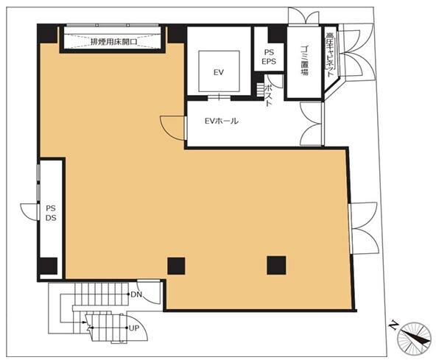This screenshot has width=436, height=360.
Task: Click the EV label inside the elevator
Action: coord(219,72)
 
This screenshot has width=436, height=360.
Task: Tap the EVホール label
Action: coord(222,121)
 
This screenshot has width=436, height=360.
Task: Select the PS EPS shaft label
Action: coord(269,57)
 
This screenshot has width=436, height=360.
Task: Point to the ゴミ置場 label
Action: coord(304,60)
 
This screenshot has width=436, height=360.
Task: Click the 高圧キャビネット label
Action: coord(330,54)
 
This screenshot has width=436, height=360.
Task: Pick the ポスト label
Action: coord(269,96)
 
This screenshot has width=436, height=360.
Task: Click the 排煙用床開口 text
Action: coord(113,42)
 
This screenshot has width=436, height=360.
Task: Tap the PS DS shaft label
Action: coord(51,213)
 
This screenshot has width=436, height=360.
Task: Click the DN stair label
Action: coord(136,294)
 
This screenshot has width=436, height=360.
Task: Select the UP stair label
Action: coord(134,328)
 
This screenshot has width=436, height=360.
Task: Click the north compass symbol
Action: coord(415,337)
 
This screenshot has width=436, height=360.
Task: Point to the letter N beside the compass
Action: coord(393,325)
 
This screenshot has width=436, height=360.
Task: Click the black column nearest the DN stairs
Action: coord(176,266)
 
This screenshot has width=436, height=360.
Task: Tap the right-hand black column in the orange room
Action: coord(276,265)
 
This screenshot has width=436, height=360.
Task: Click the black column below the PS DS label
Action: coord(48,266)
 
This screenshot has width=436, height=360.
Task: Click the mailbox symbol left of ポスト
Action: coord(260,90)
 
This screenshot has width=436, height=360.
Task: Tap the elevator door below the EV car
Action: coord(219,97)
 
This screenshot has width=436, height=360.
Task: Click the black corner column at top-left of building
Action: coord(48,34)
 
